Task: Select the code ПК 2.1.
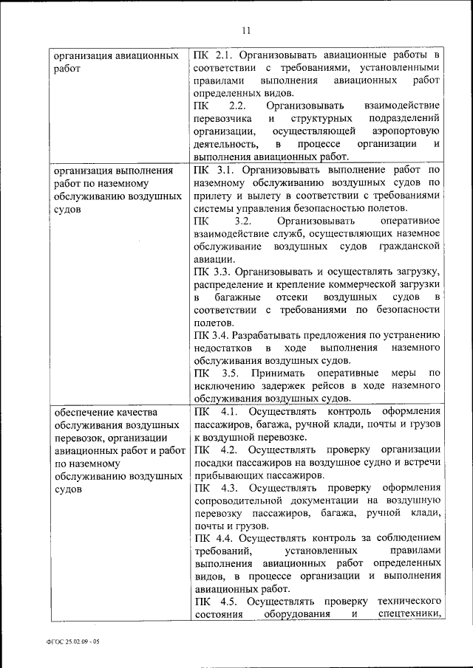tap(210, 55)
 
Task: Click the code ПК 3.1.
tap(210, 169)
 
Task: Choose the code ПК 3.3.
tap(210, 272)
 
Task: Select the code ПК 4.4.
tap(210, 538)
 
